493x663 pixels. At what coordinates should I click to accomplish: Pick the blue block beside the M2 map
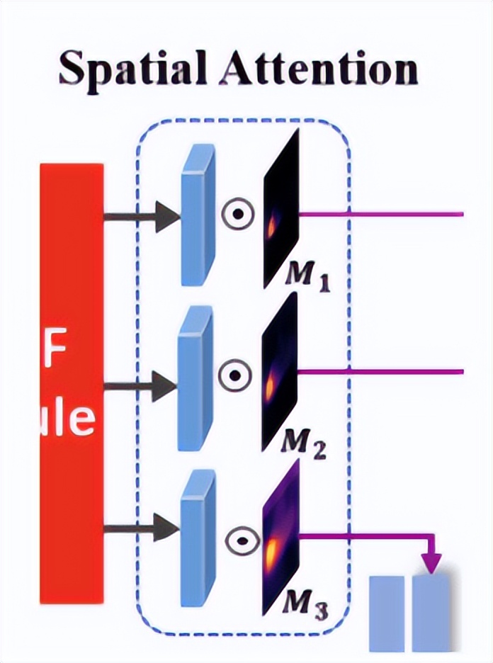click(x=194, y=379)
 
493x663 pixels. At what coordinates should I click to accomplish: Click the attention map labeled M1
click(x=281, y=209)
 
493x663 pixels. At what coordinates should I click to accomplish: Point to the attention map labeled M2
click(x=279, y=372)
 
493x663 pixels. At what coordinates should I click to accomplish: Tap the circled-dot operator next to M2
click(x=235, y=374)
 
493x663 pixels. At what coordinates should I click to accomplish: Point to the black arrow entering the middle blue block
click(x=142, y=387)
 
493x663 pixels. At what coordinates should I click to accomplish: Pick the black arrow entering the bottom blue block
click(x=142, y=527)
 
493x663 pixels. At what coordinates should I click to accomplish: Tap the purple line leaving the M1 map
click(x=382, y=212)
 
